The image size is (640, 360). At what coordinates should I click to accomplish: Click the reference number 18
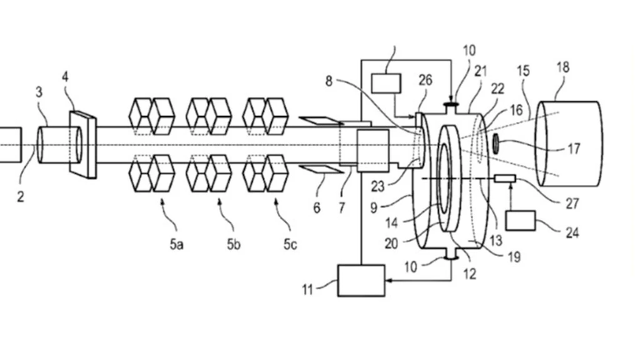point(563,67)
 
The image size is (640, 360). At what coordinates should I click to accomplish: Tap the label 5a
point(177,244)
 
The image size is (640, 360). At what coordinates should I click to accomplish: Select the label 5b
point(234,244)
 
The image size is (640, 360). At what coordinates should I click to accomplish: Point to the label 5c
point(290,244)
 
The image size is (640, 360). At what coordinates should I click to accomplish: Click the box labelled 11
point(361,281)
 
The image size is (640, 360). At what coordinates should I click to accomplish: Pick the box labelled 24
point(521,221)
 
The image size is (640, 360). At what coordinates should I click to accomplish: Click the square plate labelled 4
point(83,145)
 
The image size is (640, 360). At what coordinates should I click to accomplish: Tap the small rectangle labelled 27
point(505,178)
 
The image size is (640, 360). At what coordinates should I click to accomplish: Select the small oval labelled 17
point(496,144)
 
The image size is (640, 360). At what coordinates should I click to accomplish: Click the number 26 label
point(425,80)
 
